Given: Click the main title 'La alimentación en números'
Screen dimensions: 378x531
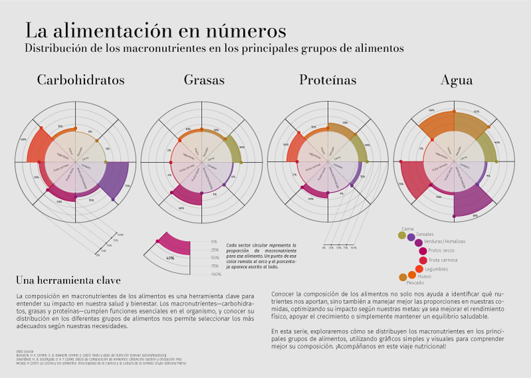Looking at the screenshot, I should point(155,31).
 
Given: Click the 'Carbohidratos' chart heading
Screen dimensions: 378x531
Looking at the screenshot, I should point(81,80).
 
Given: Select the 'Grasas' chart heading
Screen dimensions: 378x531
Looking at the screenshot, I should point(204,80).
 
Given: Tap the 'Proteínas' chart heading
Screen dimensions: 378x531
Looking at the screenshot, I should point(327,80).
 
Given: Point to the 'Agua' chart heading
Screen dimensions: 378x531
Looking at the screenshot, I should point(457,80).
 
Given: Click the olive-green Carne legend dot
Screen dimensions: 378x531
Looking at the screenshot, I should point(402,235).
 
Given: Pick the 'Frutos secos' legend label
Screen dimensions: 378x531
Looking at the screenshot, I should point(441,251).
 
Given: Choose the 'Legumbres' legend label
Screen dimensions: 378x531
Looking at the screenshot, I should point(436,269).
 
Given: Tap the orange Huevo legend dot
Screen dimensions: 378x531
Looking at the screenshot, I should point(412,275).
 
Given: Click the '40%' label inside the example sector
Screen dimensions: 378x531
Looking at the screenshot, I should point(171,258).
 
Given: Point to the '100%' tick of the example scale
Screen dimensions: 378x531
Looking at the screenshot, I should point(216,274).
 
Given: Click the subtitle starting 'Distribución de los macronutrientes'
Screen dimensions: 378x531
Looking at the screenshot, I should point(214,48).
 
